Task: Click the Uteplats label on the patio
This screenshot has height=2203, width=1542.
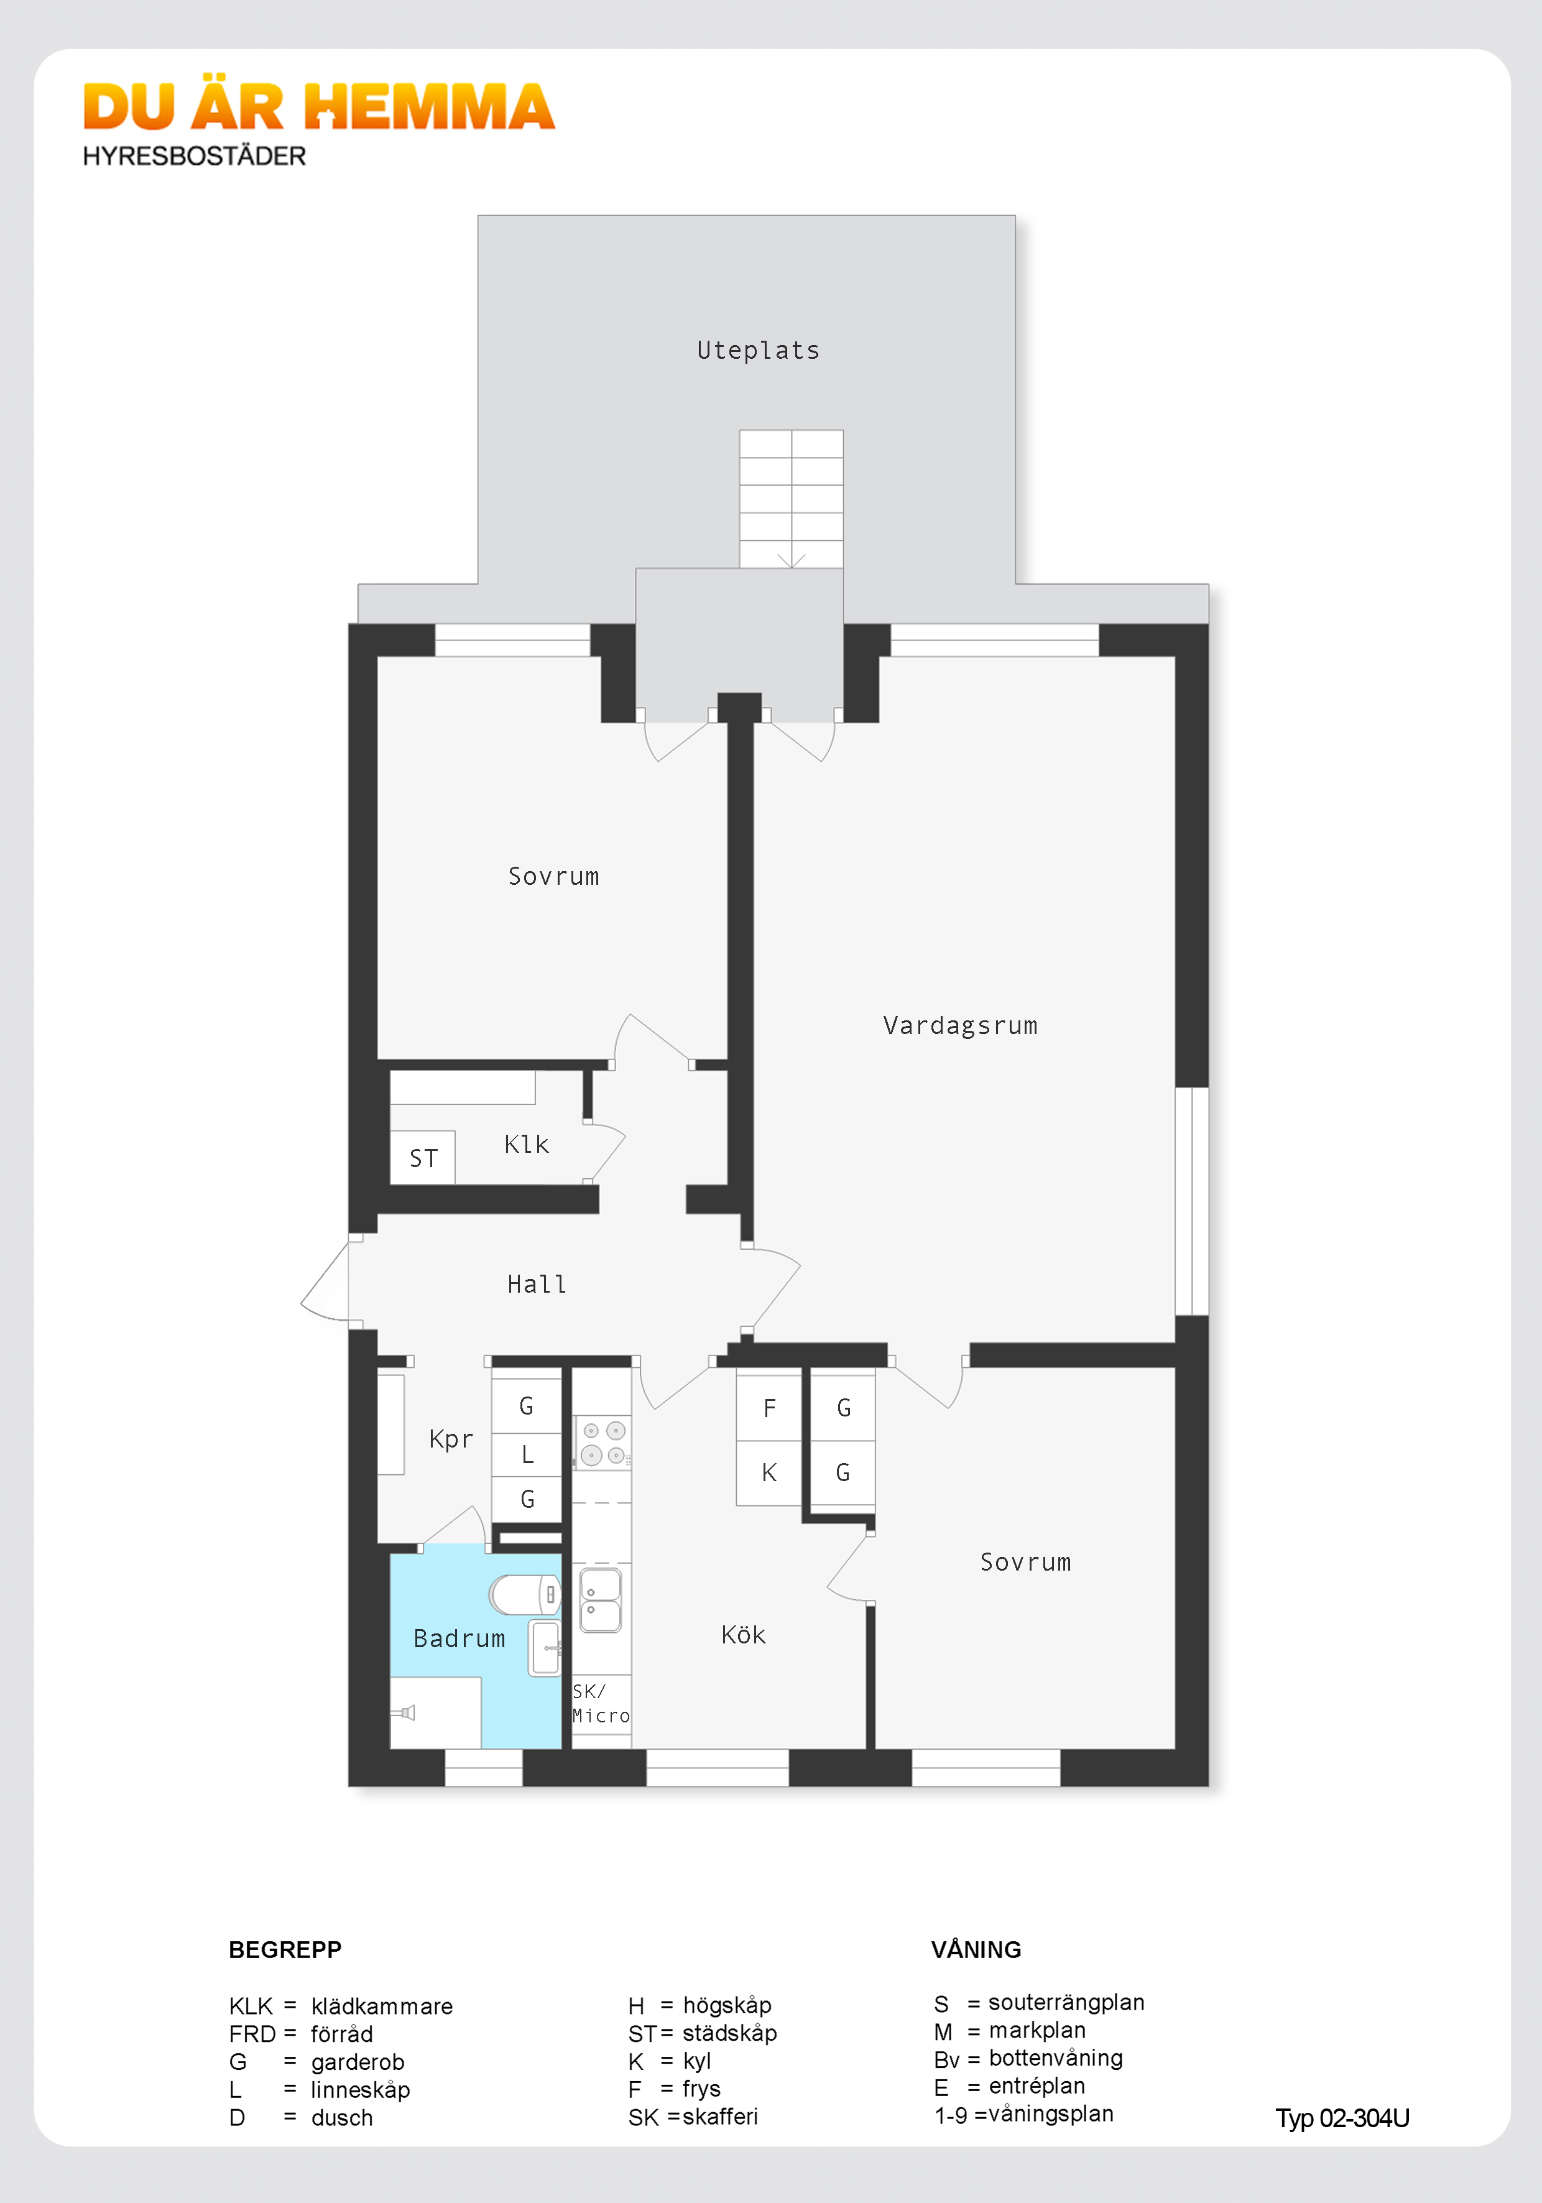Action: pos(758,350)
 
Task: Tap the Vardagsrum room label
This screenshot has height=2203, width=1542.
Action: pos(959,1026)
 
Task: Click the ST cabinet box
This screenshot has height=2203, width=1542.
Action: pos(423,1158)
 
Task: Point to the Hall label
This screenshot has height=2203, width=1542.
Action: pos(537,1284)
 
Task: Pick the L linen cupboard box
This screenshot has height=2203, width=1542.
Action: pos(527,1454)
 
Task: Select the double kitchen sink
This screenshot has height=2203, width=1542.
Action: pos(601,1599)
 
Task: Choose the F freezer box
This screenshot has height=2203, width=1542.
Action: pos(769,1408)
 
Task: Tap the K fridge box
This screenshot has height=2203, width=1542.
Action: pos(769,1473)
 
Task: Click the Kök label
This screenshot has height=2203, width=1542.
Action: pos(744,1635)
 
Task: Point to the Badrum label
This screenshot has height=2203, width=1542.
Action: pos(459,1639)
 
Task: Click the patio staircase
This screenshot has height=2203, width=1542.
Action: pos(791,499)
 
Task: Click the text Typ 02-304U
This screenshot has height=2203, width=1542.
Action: pos(1341,2118)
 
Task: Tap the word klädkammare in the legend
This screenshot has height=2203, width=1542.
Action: pos(382,2007)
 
